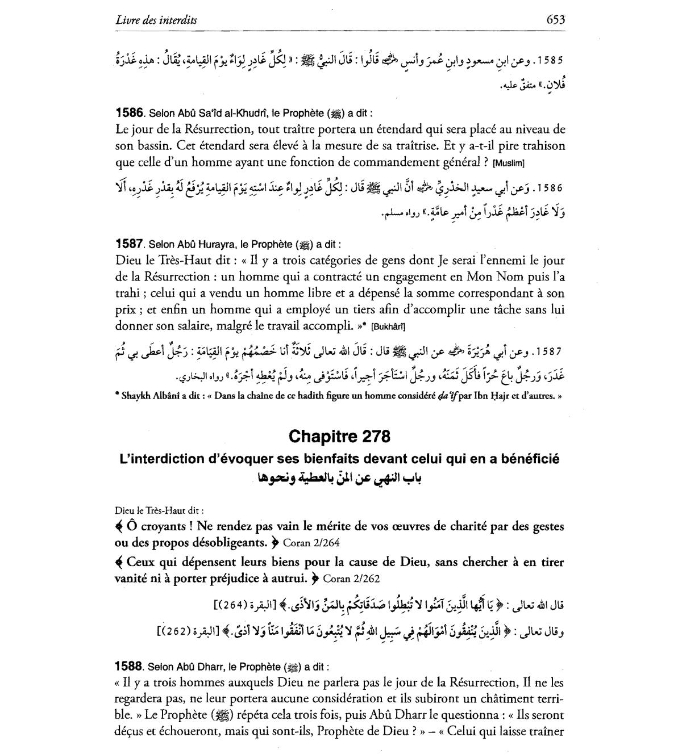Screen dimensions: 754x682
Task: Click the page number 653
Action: [555, 20]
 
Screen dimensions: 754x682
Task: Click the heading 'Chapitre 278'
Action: [339, 437]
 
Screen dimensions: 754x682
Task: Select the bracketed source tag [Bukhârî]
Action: [388, 327]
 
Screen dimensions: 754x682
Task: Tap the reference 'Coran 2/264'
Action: [311, 543]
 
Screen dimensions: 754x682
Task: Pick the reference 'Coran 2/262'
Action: [351, 579]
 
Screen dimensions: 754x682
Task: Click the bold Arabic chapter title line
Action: [340, 478]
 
